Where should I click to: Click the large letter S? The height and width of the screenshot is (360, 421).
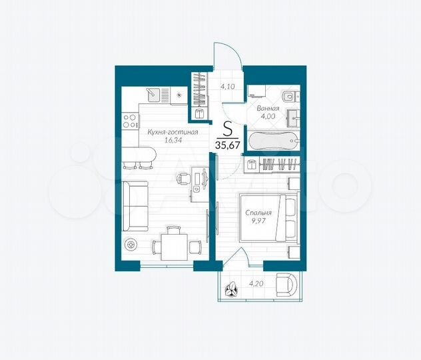pos(227,128)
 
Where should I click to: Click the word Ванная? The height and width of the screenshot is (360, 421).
pos(268,107)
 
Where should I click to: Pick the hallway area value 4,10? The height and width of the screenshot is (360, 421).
pos(228,86)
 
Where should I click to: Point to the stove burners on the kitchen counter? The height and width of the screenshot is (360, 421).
pos(129,121)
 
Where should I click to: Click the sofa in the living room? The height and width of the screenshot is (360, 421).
pos(135,205)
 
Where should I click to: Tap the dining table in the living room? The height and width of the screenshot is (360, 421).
pos(172,248)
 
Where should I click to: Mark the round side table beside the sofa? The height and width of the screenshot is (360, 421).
pos(130,244)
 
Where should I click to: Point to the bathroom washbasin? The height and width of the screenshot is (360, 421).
pos(293,119)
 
